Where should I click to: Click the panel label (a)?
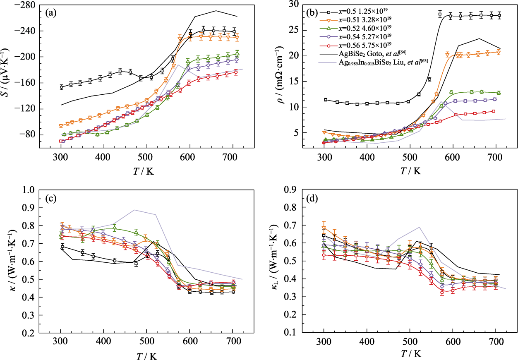coord(51,13)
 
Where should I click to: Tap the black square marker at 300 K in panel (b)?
coord(326,100)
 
